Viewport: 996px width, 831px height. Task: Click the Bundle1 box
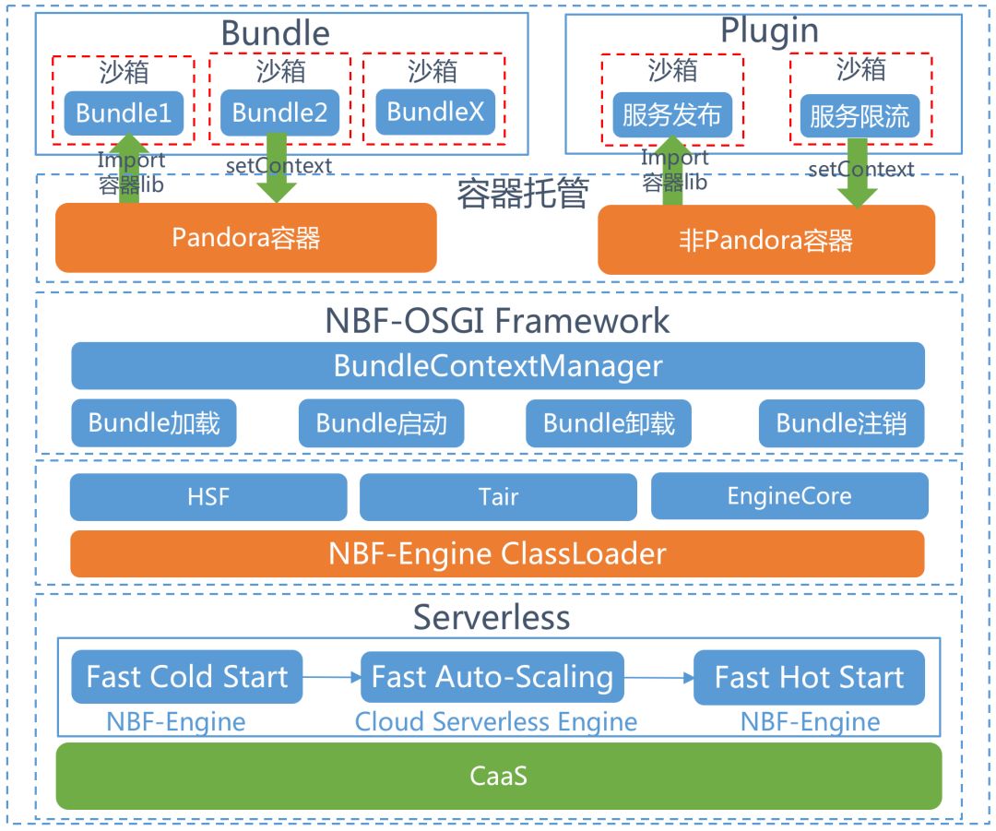pyautogui.click(x=124, y=113)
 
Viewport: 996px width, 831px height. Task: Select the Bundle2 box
pyautogui.click(x=279, y=113)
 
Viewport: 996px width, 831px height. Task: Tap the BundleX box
pyautogui.click(x=434, y=113)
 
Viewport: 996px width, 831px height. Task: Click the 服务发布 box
pyautogui.click(x=671, y=115)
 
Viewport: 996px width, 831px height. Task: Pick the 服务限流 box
pyautogui.click(x=860, y=116)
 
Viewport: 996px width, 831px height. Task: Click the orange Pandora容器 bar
pyautogui.click(x=245, y=238)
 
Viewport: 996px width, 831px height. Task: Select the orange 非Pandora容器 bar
pyautogui.click(x=765, y=240)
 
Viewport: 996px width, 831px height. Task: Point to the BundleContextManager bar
pyautogui.click(x=498, y=366)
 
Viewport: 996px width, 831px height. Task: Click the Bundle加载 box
pyautogui.click(x=154, y=423)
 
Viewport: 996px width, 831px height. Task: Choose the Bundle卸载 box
pyautogui.click(x=609, y=423)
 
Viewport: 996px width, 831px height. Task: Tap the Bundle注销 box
pyautogui.click(x=841, y=423)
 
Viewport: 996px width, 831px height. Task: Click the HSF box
pyautogui.click(x=208, y=497)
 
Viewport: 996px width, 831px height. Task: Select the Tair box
pyautogui.click(x=498, y=497)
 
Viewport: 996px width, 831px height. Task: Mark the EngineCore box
pyautogui.click(x=789, y=497)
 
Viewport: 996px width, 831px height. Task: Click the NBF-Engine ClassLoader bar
pyautogui.click(x=497, y=553)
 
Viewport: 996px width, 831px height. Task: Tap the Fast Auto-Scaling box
pyautogui.click(x=492, y=678)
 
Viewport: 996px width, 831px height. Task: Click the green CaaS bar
pyautogui.click(x=499, y=776)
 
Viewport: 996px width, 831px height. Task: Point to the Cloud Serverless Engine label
pyautogui.click(x=495, y=721)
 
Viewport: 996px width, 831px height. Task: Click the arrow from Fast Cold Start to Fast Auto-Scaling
pyautogui.click(x=331, y=678)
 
